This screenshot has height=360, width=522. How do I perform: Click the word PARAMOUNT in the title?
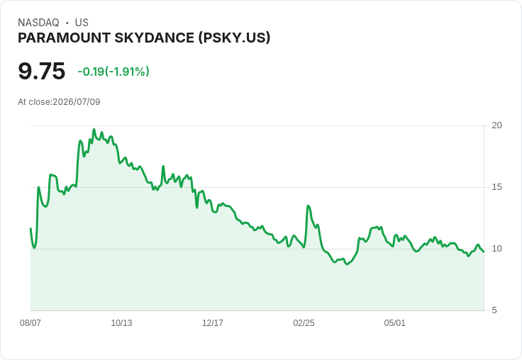pyautogui.click(x=65, y=38)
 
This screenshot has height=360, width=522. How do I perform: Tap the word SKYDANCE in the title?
pyautogui.click(x=155, y=38)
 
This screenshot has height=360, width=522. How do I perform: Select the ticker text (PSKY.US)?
pyautogui.click(x=234, y=38)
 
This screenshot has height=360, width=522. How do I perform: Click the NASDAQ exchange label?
pyautogui.click(x=38, y=23)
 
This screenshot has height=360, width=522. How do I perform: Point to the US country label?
pyautogui.click(x=82, y=23)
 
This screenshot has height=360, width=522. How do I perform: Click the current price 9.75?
pyautogui.click(x=42, y=71)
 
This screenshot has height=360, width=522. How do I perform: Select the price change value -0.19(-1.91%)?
pyautogui.click(x=113, y=72)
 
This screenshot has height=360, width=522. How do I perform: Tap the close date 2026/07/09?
pyautogui.click(x=76, y=102)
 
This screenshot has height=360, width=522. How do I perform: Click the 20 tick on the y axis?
pyautogui.click(x=496, y=125)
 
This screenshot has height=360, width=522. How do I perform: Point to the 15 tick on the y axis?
pyautogui.click(x=496, y=187)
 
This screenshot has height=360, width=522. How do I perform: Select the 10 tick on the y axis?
pyautogui.click(x=496, y=249)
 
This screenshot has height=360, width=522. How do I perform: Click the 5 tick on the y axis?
pyautogui.click(x=494, y=310)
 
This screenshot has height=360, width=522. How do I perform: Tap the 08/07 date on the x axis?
pyautogui.click(x=30, y=323)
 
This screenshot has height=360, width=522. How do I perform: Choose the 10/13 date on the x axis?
pyautogui.click(x=121, y=323)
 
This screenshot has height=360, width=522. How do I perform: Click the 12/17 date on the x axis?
pyautogui.click(x=213, y=323)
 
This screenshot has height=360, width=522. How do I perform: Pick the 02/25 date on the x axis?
pyautogui.click(x=304, y=323)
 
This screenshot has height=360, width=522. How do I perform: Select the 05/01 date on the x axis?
pyautogui.click(x=395, y=323)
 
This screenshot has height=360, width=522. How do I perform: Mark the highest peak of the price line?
pyautogui.click(x=94, y=130)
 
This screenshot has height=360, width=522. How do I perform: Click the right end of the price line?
pyautogui.click(x=484, y=252)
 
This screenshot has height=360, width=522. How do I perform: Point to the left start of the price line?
pyautogui.click(x=30, y=228)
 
